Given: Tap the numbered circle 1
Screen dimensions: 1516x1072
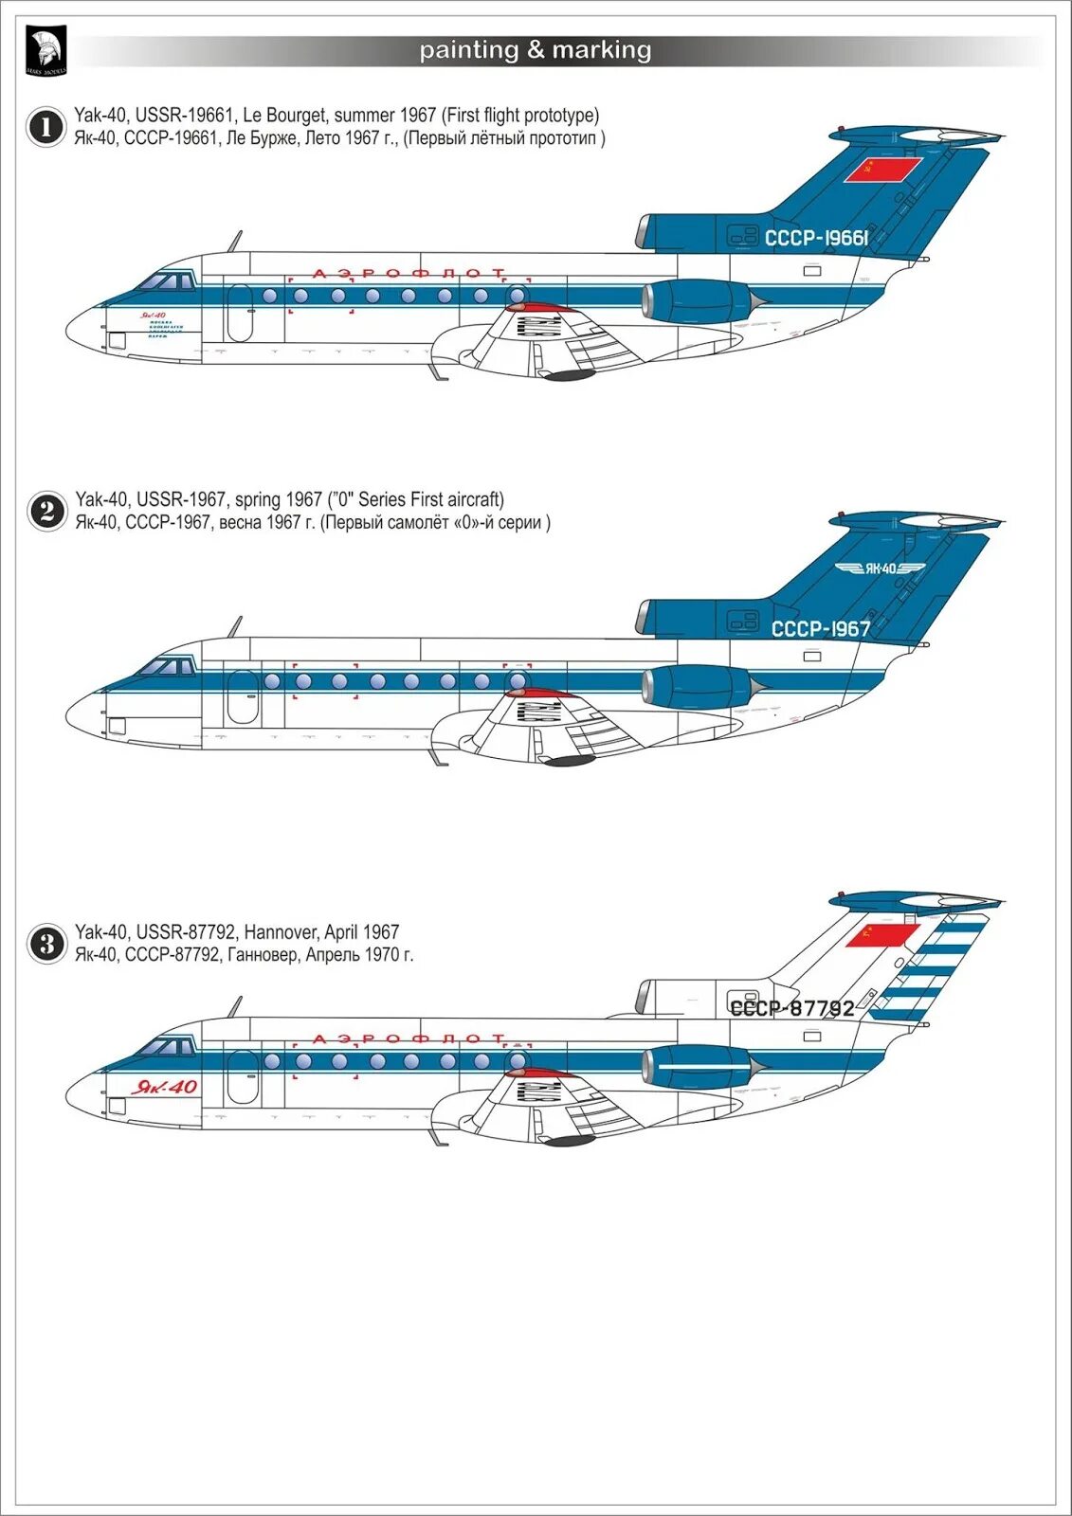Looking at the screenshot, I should coord(45,127).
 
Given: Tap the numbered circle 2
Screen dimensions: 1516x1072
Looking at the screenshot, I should coord(45,512).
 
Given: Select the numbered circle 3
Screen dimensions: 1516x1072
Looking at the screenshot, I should coord(45,944).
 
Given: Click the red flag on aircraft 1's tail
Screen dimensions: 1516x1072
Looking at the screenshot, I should coord(882,170).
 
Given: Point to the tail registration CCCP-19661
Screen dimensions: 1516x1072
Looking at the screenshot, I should coord(816,238).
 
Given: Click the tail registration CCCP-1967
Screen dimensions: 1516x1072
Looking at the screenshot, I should coord(821,628).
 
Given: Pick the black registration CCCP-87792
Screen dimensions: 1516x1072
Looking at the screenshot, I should coord(792,1008).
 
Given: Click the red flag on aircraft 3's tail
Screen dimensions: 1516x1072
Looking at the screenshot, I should coord(881,935).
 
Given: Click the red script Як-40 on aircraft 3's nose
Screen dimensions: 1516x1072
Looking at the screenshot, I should coord(165,1087).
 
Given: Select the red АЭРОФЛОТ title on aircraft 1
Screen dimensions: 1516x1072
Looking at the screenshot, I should coord(409,273).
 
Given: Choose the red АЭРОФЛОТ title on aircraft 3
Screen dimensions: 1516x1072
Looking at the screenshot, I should coord(409,1039).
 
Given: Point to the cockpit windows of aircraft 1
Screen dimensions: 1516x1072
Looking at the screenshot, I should coord(167,281).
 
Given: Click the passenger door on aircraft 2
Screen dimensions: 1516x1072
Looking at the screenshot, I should coord(241,697).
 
